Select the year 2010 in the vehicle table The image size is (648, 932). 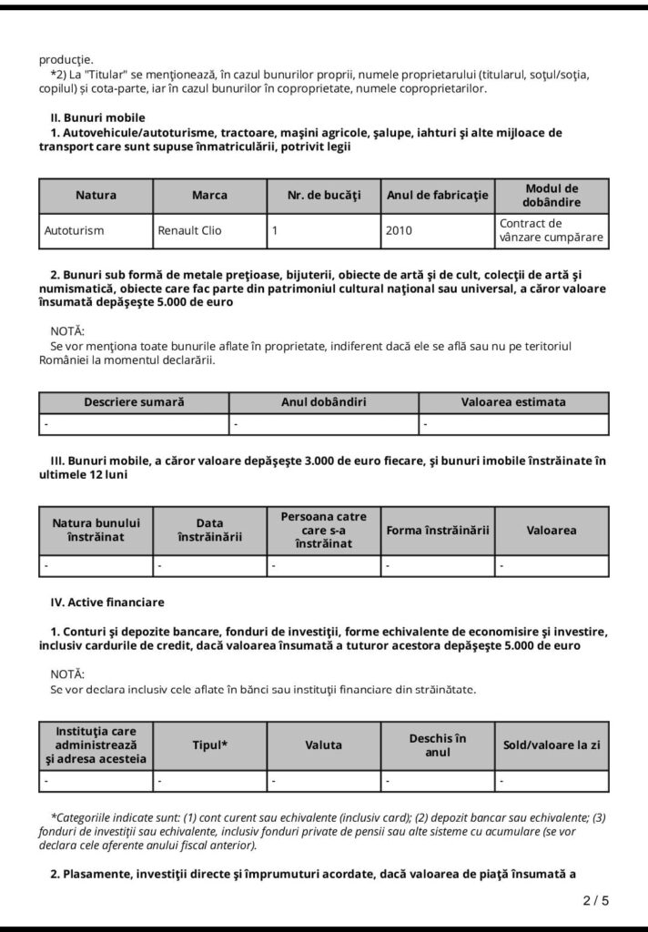pyautogui.click(x=399, y=230)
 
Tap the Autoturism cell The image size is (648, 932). pyautogui.click(x=74, y=230)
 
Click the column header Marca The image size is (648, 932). pyautogui.click(x=209, y=195)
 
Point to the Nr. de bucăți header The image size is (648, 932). pyautogui.click(x=324, y=195)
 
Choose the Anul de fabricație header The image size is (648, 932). pyautogui.click(x=438, y=195)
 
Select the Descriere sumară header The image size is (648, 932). pyautogui.click(x=134, y=401)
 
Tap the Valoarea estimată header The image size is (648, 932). pyautogui.click(x=513, y=401)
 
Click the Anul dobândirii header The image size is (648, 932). pyautogui.click(x=323, y=401)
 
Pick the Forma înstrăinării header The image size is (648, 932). pyautogui.click(x=438, y=530)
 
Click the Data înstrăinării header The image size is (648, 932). pyautogui.click(x=209, y=530)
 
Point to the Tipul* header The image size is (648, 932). pyautogui.click(x=209, y=745)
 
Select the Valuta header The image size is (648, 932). pyautogui.click(x=324, y=745)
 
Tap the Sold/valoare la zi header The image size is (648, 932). pyautogui.click(x=552, y=745)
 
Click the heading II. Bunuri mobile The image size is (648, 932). pyautogui.click(x=97, y=117)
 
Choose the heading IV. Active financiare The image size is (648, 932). pyautogui.click(x=108, y=602)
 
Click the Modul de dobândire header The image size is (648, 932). pyautogui.click(x=552, y=195)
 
